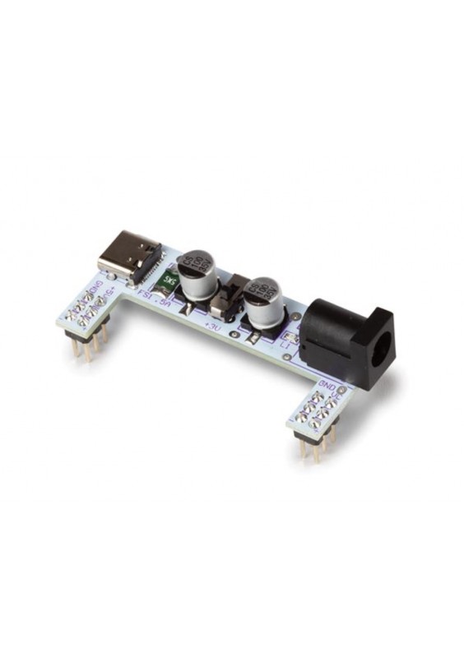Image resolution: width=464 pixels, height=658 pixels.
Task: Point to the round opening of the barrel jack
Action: pos(379,356)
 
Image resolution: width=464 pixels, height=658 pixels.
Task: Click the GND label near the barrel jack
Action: pos(329,387)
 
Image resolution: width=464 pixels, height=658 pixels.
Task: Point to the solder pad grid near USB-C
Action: pos(89,308)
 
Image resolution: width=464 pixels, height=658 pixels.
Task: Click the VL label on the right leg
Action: pos(340,403)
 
